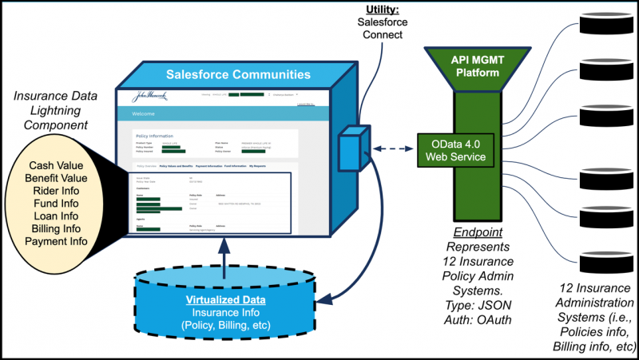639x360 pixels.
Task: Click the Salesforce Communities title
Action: point(238,75)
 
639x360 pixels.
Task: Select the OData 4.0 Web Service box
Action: point(458,149)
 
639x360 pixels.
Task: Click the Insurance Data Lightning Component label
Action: point(56,111)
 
